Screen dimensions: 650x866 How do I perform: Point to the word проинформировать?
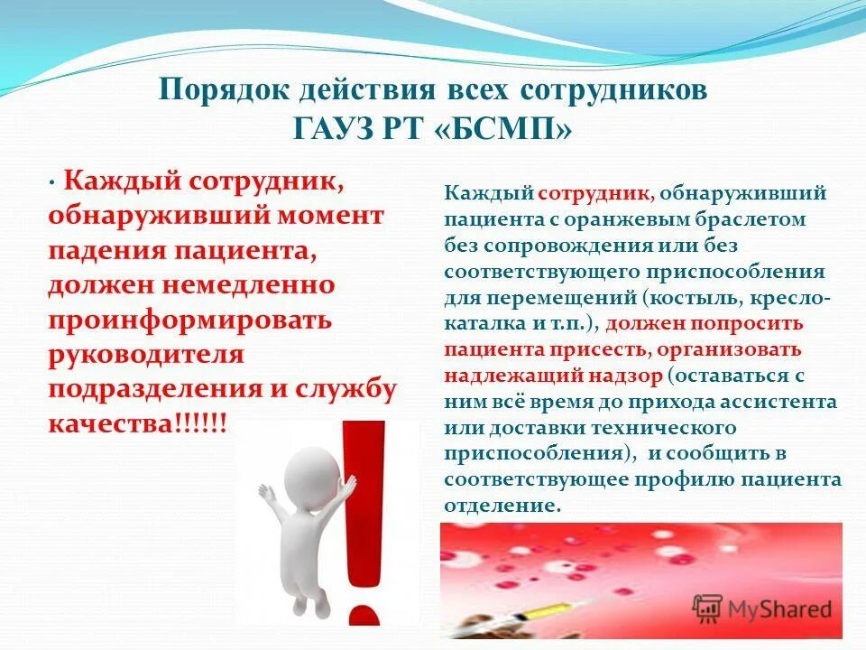point(190,320)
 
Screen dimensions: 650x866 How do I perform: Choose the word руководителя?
point(146,354)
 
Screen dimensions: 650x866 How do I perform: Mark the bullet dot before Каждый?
point(53,181)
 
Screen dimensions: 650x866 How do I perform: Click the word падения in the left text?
point(99,251)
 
